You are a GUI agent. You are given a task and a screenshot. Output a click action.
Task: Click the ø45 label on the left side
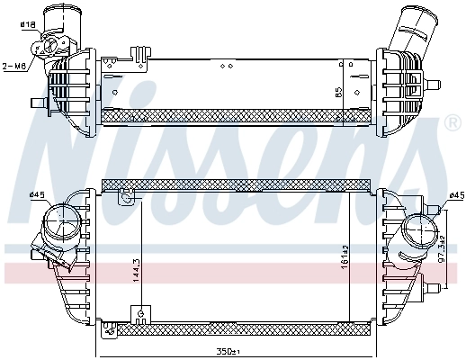37,194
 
